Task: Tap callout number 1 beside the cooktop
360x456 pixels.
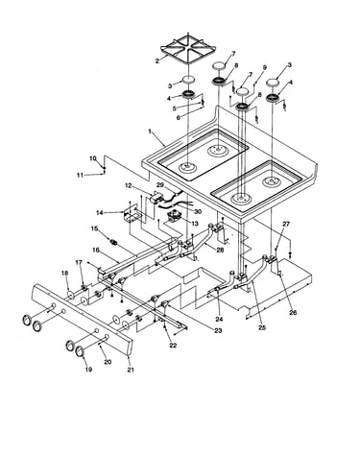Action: coord(150,132)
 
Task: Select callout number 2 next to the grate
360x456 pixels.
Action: coord(157,60)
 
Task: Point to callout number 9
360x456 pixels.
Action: coord(265,67)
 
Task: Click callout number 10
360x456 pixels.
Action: coord(93,158)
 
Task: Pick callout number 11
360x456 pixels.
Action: coord(80,175)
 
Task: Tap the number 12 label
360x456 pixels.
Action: coord(129,185)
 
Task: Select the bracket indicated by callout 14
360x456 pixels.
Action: coord(132,213)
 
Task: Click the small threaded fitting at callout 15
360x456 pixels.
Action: coord(113,242)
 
